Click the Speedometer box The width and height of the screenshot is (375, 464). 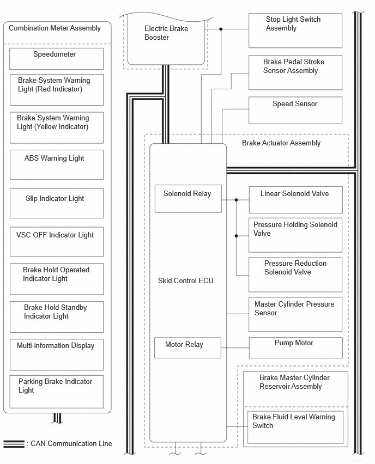coord(57,59)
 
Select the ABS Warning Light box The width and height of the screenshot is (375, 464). coord(57,165)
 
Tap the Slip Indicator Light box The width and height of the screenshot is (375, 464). coord(57,203)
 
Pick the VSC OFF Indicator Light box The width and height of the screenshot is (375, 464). coord(57,242)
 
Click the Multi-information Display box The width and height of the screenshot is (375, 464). coord(57,355)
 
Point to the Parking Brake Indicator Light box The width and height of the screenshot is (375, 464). coord(57,392)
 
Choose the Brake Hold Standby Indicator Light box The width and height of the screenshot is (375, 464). coord(57,317)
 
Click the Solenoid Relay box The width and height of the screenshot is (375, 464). coord(188,199)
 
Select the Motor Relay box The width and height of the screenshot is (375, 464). coord(187,347)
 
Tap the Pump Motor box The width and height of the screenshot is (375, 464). coord(295,347)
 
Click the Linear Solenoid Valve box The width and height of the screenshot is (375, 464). coord(295,200)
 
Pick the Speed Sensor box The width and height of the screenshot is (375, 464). coord(295,111)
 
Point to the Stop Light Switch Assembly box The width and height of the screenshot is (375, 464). coord(295,30)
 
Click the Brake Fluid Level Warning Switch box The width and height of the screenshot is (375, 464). coord(295,428)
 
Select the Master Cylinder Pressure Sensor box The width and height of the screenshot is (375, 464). coord(295,314)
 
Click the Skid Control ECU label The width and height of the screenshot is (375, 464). coord(186,280)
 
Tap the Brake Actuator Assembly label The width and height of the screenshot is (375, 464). coord(281,143)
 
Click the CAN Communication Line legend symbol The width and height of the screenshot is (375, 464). coord(14,444)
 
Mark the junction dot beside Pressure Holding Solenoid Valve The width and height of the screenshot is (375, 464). coord(236,236)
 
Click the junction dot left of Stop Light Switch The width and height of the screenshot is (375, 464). coord(221,29)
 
